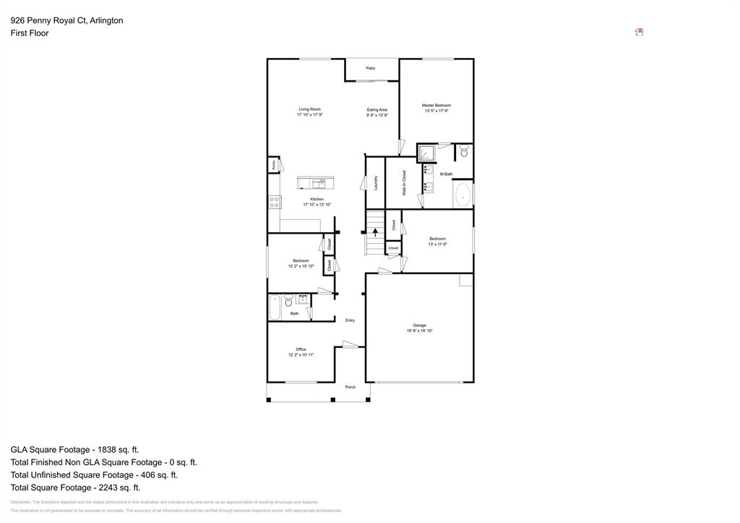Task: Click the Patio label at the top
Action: point(371,68)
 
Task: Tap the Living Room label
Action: point(309,109)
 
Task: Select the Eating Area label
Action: point(377,110)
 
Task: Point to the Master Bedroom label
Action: point(436,106)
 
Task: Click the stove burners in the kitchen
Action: point(275,203)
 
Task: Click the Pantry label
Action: point(275,165)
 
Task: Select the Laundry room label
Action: point(377,183)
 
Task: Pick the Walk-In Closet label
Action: point(404,183)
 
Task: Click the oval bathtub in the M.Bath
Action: point(462,195)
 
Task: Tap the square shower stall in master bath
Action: point(426,153)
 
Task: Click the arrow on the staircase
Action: point(374,232)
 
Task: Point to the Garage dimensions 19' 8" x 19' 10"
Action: point(419,331)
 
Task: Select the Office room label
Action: point(301,349)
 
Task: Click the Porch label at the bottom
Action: point(350,388)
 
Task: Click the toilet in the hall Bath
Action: point(288,300)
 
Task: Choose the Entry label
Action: point(350,320)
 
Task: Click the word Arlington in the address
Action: point(106,20)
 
